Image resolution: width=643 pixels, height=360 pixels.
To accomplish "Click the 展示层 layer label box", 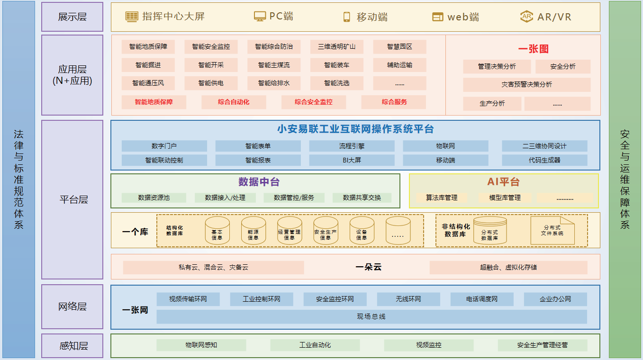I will point(72,17).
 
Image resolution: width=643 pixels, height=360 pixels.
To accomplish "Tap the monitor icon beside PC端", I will point(260,17).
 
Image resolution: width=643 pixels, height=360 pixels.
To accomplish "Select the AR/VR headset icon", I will point(526,17).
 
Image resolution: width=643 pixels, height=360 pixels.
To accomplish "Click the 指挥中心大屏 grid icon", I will point(132,17).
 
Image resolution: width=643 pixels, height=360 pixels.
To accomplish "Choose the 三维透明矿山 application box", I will point(336,47).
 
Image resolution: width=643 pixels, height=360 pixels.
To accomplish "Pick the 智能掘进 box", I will point(148,65).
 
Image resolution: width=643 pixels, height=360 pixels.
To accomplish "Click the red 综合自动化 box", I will point(234,102).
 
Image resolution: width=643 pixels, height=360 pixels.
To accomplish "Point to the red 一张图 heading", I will point(533,49).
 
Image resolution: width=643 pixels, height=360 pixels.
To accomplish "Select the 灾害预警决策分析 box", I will point(526,85).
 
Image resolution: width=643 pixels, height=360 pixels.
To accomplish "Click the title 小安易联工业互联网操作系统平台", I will point(355,129).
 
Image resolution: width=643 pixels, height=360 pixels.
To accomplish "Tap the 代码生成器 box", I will point(544,160).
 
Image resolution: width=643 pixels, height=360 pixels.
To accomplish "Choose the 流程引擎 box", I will point(352,146).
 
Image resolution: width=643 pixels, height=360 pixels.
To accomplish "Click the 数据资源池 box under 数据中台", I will point(154,198).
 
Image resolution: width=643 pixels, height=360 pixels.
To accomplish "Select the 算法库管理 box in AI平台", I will point(441,198).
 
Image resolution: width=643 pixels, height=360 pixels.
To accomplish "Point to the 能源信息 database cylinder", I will point(254,230).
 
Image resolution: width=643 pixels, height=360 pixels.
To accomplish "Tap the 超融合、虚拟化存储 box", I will point(508,267).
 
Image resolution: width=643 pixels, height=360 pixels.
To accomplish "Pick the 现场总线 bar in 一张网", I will point(371,316).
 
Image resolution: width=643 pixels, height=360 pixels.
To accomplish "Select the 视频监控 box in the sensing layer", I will point(428,345).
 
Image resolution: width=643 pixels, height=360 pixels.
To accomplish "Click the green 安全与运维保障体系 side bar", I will point(625,180).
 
